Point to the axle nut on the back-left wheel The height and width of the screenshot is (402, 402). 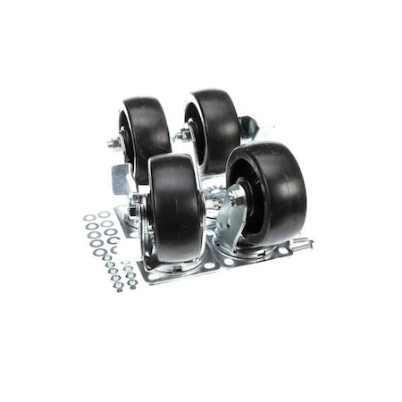115,143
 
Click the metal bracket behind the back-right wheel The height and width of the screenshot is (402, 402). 247,127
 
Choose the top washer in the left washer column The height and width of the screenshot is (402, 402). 90,216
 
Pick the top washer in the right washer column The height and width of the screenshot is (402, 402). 105,214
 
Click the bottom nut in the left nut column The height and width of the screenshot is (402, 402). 118,287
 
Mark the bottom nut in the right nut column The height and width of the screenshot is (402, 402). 132,284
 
